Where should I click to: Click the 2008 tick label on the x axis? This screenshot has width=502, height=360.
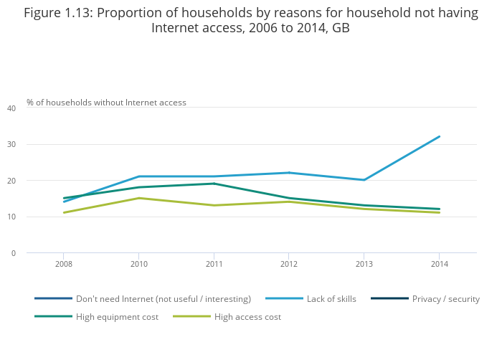pyautogui.click(x=64, y=265)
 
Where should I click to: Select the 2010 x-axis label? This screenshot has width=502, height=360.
pyautogui.click(x=139, y=265)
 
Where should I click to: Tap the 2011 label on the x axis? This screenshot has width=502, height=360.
pyautogui.click(x=214, y=265)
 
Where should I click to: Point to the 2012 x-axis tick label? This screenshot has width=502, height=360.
pyautogui.click(x=288, y=265)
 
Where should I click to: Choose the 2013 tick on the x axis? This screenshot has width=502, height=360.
pyautogui.click(x=364, y=265)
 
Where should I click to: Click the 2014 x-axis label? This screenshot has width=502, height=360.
pyautogui.click(x=439, y=265)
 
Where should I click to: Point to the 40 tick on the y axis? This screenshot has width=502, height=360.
pyautogui.click(x=11, y=108)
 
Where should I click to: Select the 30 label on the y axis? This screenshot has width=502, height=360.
pyautogui.click(x=11, y=145)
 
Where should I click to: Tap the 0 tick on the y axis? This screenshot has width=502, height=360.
pyautogui.click(x=13, y=253)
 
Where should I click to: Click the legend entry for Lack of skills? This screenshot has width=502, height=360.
pyautogui.click(x=331, y=299)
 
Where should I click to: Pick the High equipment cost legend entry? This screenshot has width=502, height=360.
pyautogui.click(x=117, y=317)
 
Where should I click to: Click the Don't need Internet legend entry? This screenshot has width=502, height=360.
pyautogui.click(x=163, y=299)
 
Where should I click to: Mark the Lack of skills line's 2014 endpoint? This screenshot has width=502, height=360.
pyautogui.click(x=439, y=136)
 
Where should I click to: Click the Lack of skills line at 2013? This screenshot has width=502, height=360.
pyautogui.click(x=364, y=180)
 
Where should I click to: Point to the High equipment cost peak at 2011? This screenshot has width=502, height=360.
pyautogui.click(x=214, y=184)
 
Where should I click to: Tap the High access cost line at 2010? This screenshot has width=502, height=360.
pyautogui.click(x=139, y=198)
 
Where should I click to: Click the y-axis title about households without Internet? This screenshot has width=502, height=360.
pyautogui.click(x=106, y=103)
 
